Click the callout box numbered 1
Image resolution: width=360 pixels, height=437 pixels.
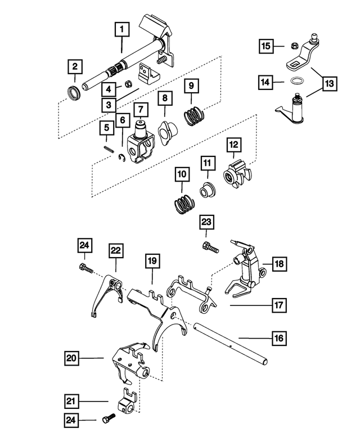point(122,27)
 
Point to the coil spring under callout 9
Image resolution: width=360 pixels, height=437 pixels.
point(195,116)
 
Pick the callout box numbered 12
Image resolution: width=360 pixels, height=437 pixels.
point(233,145)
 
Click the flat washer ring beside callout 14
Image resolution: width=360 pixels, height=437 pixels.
point(297,82)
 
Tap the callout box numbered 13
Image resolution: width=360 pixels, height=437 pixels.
point(329,83)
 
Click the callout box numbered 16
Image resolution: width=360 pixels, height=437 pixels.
point(279,339)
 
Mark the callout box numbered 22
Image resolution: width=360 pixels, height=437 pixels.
point(116,250)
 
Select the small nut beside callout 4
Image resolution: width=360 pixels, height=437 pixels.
point(127,84)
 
